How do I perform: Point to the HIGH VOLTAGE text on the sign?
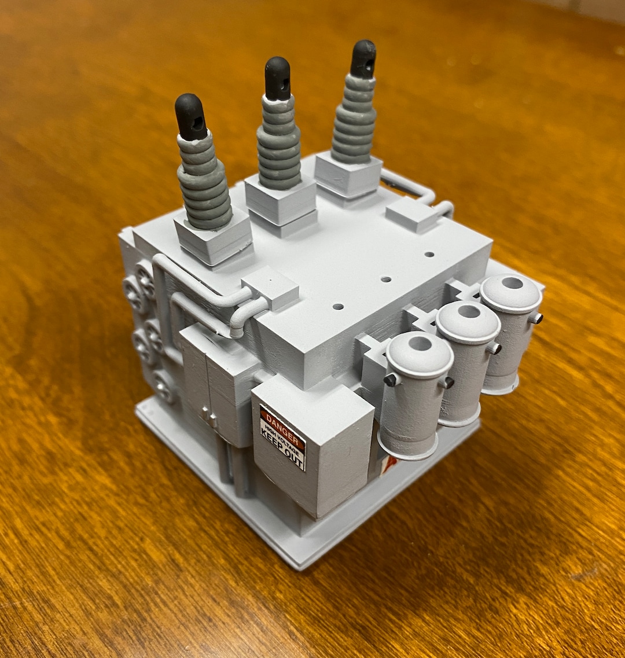click(x=282, y=433)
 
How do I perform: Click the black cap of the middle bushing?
click(x=278, y=78)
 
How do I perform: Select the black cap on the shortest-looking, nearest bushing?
click(x=190, y=116)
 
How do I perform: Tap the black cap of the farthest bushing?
click(x=363, y=58)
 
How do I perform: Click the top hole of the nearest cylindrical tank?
click(x=420, y=344)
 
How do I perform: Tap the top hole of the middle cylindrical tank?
click(x=468, y=312)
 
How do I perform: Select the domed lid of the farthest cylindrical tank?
click(x=511, y=293)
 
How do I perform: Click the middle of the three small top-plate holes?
click(x=386, y=279)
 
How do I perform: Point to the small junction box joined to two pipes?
click(x=270, y=287)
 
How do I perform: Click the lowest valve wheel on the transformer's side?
click(x=163, y=386)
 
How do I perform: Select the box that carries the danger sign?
click(x=312, y=446)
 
